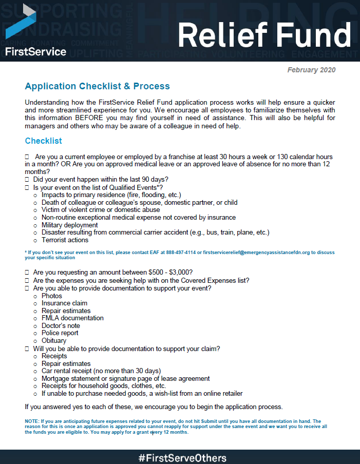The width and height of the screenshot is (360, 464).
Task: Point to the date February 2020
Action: coord(311,70)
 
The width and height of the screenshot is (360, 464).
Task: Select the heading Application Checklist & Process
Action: coord(97,86)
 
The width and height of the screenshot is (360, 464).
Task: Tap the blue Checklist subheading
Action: coord(43,141)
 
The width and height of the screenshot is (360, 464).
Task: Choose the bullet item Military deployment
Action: coord(69,225)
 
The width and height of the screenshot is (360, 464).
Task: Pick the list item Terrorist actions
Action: coord(65,240)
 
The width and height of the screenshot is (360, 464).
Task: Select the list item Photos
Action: coord(51,296)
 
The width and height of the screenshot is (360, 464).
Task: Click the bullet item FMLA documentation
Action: coord(72,318)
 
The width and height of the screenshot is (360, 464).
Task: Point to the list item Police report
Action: coord(60,333)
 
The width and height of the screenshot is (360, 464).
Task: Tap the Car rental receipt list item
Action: coord(101,371)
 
